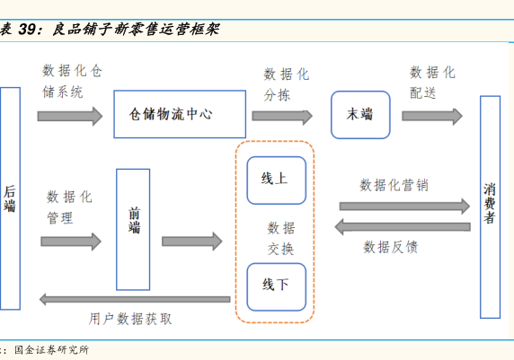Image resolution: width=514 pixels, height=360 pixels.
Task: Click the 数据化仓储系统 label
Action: [72, 81]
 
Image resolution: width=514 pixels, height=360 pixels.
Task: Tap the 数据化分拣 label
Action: [287, 84]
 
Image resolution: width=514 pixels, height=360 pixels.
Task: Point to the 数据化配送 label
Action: [432, 83]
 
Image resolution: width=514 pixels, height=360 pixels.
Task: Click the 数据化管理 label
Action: [69, 207]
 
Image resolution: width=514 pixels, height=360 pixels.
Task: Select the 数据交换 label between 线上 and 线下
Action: [281, 238]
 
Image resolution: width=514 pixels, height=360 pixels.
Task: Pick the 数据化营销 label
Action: [394, 186]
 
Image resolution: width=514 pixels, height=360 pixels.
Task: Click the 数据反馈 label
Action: [390, 247]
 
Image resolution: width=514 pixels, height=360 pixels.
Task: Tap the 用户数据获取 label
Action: [130, 319]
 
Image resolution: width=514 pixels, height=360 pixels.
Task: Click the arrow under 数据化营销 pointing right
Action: [404, 206]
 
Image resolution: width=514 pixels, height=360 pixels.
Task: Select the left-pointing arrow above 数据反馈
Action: [403, 227]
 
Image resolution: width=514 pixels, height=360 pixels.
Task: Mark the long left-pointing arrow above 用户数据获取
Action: [135, 299]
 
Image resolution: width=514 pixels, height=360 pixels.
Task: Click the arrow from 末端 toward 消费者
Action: [432, 116]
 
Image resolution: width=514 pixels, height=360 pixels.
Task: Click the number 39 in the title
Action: [27, 30]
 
